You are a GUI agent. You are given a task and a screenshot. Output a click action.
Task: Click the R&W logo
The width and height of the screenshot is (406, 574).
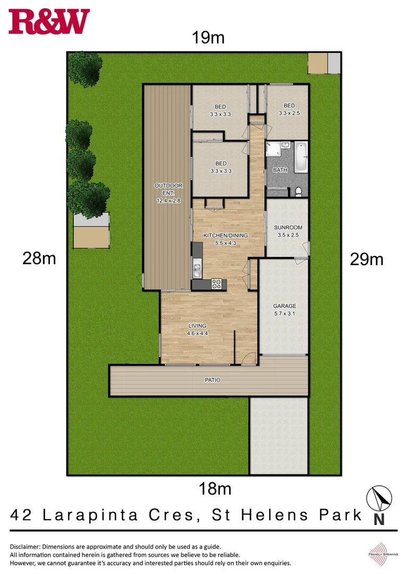49,22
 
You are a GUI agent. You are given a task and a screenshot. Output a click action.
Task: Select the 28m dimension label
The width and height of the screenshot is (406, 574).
39,259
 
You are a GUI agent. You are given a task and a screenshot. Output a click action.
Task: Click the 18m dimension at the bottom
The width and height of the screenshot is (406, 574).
215,488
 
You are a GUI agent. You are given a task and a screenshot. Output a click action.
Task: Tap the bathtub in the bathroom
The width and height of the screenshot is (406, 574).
301,157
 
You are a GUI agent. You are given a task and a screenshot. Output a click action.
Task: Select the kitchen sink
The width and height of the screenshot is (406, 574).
197,267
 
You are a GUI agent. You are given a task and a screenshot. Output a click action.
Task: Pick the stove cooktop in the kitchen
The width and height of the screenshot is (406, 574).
217,284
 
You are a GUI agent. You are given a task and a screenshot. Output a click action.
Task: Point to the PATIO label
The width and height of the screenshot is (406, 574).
212,380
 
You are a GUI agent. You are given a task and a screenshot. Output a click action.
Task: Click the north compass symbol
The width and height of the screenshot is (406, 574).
380,499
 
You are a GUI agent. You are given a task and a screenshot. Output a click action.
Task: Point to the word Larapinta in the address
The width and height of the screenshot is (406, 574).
95,515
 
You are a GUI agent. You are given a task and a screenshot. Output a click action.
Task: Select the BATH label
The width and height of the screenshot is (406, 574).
280,170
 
